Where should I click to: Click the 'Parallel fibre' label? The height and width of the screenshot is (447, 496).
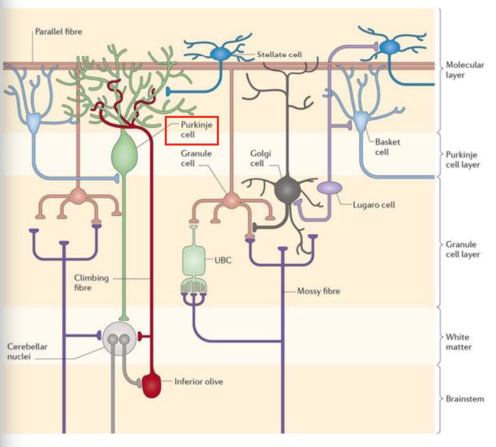tap(58, 32)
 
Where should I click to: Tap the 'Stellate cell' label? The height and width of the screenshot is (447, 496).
tap(279, 55)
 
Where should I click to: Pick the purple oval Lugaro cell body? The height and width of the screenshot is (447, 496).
tap(329, 187)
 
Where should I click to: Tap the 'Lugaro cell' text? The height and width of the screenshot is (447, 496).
tap(374, 205)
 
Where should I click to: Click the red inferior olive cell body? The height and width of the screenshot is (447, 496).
tap(152, 385)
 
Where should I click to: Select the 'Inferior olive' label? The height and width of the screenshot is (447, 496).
tap(198, 382)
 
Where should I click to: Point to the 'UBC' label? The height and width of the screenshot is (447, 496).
tap(223, 261)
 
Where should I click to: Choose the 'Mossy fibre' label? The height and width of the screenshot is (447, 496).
tap(318, 291)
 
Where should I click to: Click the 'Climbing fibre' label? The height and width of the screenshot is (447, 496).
tap(91, 283)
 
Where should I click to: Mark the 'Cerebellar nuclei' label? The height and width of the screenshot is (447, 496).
tap(27, 352)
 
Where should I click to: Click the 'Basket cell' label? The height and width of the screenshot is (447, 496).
tap(387, 147)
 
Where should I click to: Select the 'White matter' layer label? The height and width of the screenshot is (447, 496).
tap(458, 342)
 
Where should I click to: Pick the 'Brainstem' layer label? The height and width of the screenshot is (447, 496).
tap(465, 399)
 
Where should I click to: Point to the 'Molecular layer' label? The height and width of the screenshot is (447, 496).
tap(465, 70)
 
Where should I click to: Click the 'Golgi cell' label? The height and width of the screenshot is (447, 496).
tap(260, 158)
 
